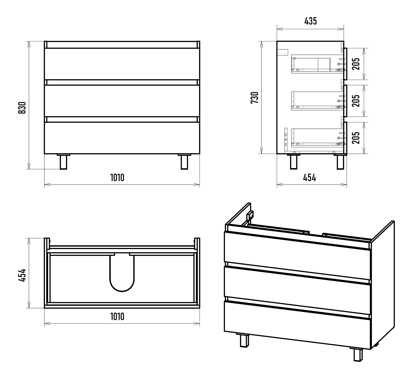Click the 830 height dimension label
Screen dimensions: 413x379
coord(22,108)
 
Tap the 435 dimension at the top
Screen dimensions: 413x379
coord(311,21)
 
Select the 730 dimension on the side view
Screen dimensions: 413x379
coord(255,98)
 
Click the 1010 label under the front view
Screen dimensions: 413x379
coord(117,178)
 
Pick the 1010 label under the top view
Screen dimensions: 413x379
coord(117,316)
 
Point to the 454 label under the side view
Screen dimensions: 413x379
coord(309,178)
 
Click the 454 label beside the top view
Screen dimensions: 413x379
coord(22,275)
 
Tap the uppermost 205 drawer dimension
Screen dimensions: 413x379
coord(356,64)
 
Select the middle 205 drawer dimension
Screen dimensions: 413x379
coord(356,101)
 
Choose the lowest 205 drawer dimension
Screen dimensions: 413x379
coord(356,138)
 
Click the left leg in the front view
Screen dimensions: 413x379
coord(63,162)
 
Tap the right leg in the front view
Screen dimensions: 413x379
coord(184,162)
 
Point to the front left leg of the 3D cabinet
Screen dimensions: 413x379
coord(244,340)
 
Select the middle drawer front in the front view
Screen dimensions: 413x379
coord(122,101)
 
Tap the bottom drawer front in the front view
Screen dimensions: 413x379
coord(122,138)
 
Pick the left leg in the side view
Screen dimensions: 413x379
coord(293,162)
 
